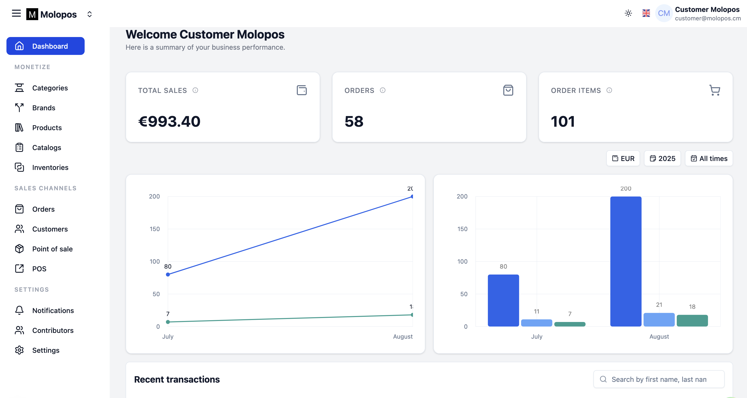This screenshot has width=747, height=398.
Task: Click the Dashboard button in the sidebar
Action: pyautogui.click(x=45, y=46)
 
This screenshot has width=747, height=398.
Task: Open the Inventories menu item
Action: pyautogui.click(x=50, y=167)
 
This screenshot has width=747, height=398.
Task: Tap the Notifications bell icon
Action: pyautogui.click(x=19, y=310)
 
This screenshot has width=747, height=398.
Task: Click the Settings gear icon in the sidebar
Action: pyautogui.click(x=19, y=350)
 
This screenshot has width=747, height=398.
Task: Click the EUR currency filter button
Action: pyautogui.click(x=623, y=159)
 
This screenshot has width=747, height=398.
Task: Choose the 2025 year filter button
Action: pyautogui.click(x=662, y=159)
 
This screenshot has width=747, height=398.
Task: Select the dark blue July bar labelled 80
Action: pyautogui.click(x=503, y=300)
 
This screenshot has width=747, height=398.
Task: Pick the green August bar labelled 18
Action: pyautogui.click(x=692, y=320)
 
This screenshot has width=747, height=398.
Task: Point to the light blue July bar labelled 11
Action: pyautogui.click(x=537, y=323)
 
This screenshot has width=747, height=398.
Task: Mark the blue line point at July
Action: pyautogui.click(x=168, y=274)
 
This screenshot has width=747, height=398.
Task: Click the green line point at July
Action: pyautogui.click(x=168, y=322)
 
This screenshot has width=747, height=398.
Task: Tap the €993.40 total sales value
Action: pyautogui.click(x=169, y=121)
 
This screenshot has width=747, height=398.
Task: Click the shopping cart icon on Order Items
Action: pyautogui.click(x=714, y=90)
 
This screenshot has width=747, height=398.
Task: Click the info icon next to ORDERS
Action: pyautogui.click(x=383, y=90)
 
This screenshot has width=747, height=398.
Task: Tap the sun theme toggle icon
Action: pyautogui.click(x=628, y=13)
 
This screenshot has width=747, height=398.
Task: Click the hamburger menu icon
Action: pyautogui.click(x=16, y=13)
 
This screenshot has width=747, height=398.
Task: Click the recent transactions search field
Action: pyautogui.click(x=659, y=379)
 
